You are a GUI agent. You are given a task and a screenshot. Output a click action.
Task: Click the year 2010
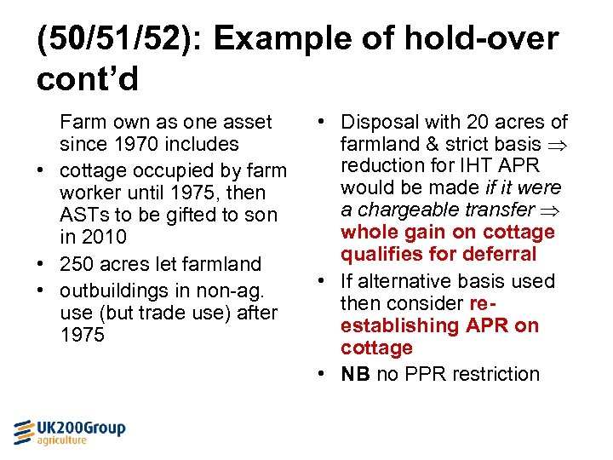tap(104, 237)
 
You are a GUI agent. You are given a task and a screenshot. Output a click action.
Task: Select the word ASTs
tap(83, 215)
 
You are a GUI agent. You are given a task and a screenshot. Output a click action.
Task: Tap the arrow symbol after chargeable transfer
tap(546, 210)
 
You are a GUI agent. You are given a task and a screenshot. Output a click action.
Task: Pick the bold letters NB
tap(355, 374)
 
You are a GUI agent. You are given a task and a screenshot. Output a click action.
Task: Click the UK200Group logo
tap(69, 432)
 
